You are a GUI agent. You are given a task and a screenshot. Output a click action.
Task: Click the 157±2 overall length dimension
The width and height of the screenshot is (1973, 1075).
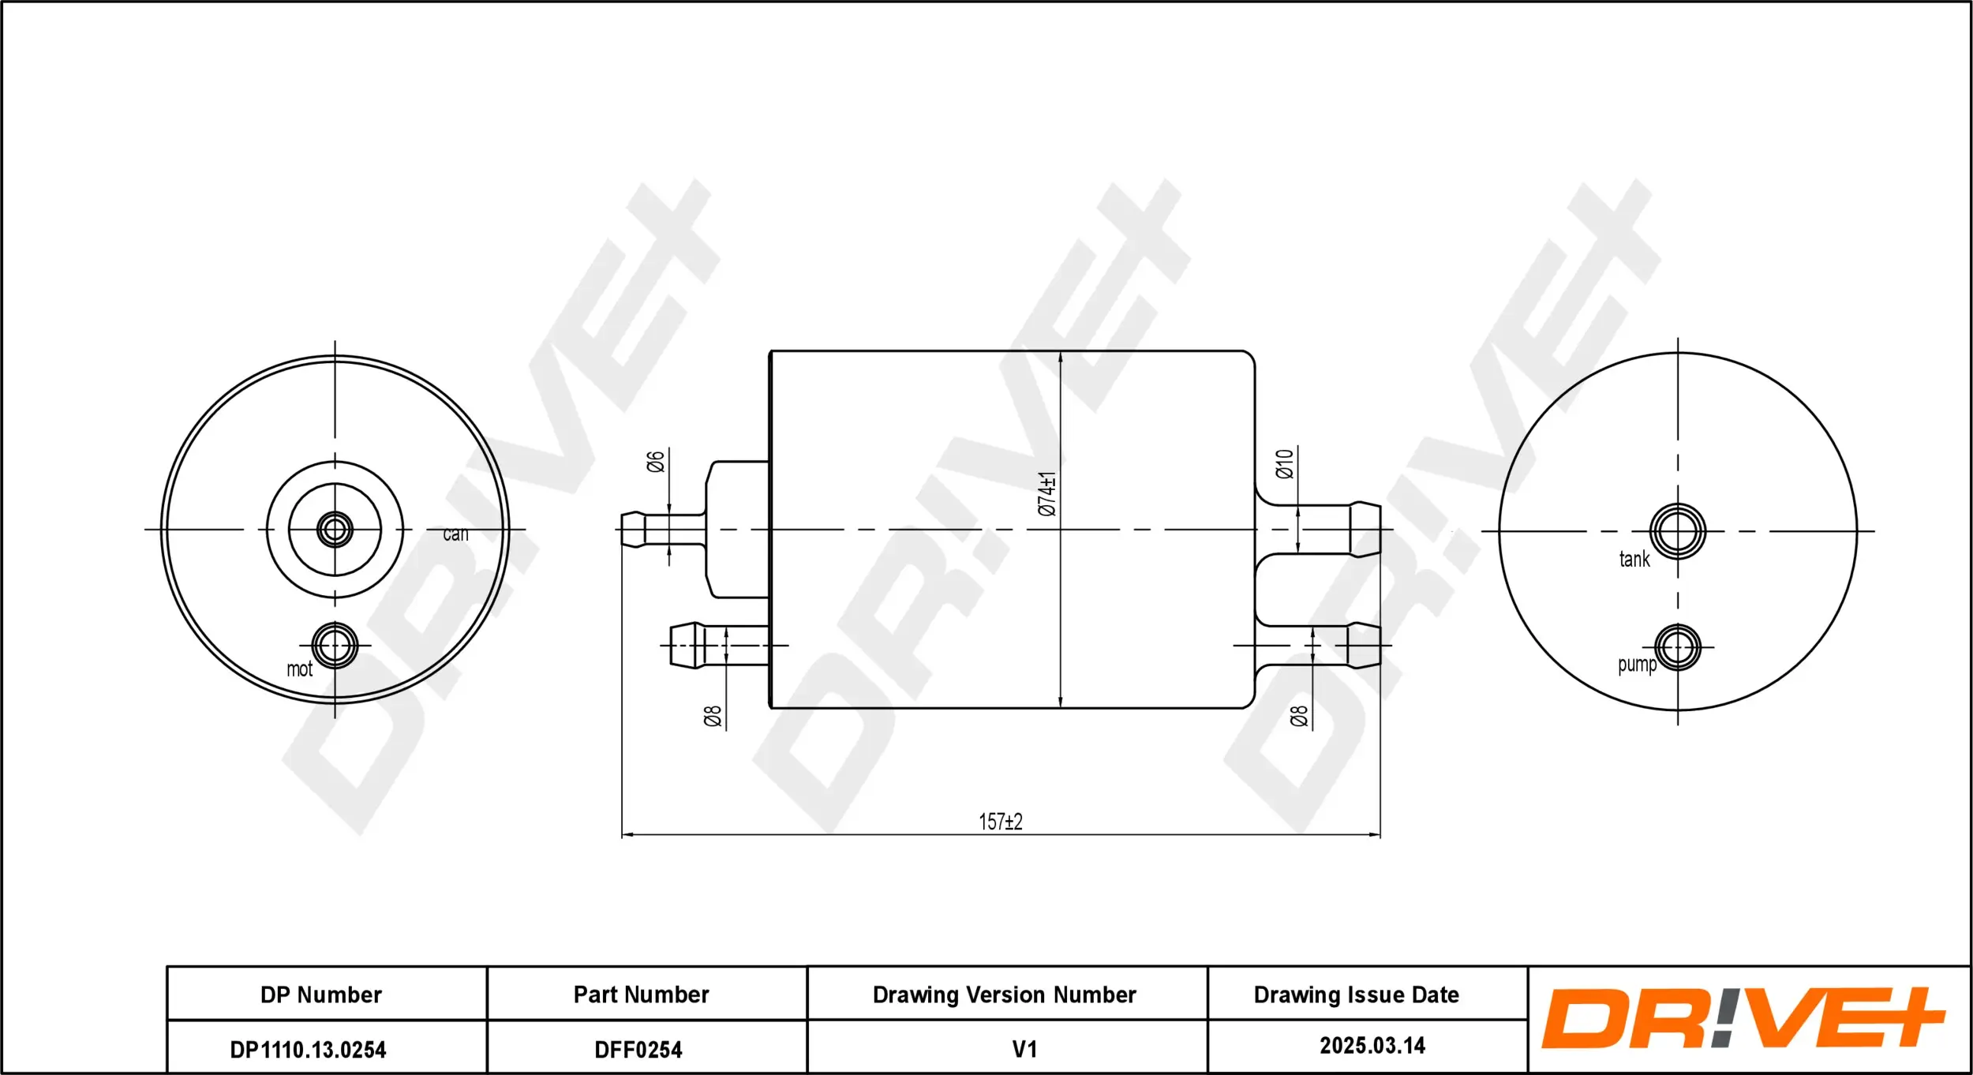pyautogui.click(x=1000, y=822)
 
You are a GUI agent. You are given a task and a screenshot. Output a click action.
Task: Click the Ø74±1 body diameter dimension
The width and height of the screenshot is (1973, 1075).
pyautogui.click(x=1046, y=493)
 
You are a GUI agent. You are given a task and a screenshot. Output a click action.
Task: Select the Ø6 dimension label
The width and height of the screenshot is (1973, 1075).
pyautogui.click(x=656, y=461)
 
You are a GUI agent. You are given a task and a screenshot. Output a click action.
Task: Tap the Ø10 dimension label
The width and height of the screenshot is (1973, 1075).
pyautogui.click(x=1285, y=463)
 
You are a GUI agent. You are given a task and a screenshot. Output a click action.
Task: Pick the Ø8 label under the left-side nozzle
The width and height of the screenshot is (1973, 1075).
pyautogui.click(x=713, y=716)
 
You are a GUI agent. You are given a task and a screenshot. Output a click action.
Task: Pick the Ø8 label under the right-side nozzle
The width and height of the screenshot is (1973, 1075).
pyautogui.click(x=1299, y=716)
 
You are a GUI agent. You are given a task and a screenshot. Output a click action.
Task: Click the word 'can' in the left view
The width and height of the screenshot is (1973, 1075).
pyautogui.click(x=455, y=534)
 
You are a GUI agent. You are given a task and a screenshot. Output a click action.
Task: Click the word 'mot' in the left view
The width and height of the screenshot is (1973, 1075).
pyautogui.click(x=299, y=669)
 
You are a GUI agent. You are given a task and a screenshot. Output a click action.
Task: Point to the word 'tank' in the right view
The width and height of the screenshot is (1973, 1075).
pyautogui.click(x=1634, y=560)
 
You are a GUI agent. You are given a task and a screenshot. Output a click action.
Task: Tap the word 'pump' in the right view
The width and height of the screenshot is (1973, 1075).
pyautogui.click(x=1637, y=665)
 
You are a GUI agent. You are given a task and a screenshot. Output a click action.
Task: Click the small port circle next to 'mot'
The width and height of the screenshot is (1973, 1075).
pyautogui.click(x=335, y=646)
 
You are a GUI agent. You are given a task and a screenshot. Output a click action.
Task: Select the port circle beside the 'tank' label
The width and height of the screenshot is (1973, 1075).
pyautogui.click(x=1678, y=531)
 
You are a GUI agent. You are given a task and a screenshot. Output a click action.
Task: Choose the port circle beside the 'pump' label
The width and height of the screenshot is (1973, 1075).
pyautogui.click(x=1678, y=647)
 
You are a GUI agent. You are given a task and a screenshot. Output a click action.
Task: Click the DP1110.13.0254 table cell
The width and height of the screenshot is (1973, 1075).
pyautogui.click(x=308, y=1050)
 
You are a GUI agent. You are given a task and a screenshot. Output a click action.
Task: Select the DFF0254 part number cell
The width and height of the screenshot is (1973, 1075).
pyautogui.click(x=638, y=1050)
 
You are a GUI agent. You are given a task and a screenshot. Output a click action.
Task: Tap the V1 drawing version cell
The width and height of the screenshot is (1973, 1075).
pyautogui.click(x=1024, y=1049)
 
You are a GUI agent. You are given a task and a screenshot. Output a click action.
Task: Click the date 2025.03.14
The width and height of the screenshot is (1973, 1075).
pyautogui.click(x=1372, y=1046)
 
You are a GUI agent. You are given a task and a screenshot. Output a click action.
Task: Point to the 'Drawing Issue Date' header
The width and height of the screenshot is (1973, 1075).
pyautogui.click(x=1356, y=994)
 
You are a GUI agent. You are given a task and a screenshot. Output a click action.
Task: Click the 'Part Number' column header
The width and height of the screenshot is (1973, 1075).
pyautogui.click(x=641, y=994)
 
